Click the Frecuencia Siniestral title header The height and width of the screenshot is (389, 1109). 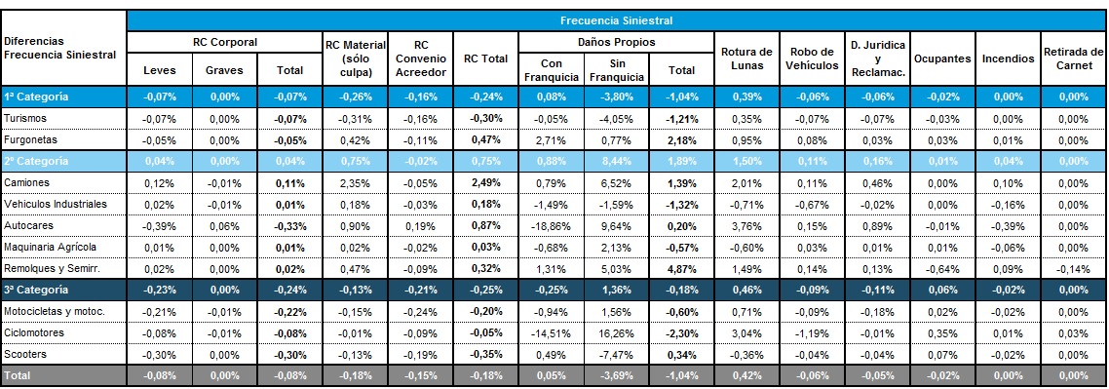(x=615, y=20)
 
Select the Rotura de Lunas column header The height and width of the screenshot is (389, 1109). (x=746, y=58)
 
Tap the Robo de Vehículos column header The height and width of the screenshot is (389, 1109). (x=812, y=58)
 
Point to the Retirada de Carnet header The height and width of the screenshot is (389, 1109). (x=1073, y=58)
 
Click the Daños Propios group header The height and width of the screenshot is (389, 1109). (x=616, y=43)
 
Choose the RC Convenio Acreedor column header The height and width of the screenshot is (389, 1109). (x=421, y=58)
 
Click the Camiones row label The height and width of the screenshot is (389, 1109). (x=26, y=182)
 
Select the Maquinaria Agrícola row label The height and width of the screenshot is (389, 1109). (x=50, y=247)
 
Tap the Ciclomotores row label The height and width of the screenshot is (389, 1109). (x=34, y=332)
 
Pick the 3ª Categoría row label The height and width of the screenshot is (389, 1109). (x=36, y=290)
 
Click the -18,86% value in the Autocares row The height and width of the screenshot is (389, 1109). (x=551, y=225)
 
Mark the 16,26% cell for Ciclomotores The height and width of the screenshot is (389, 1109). (x=616, y=332)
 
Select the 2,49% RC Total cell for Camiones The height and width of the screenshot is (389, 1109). (x=485, y=182)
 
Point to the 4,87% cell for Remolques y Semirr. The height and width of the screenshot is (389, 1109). (x=681, y=268)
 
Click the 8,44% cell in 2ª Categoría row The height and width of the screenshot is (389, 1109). (x=616, y=161)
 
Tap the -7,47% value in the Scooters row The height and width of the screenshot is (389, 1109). (x=616, y=354)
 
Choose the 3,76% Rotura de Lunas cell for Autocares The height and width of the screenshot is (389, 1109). (x=746, y=225)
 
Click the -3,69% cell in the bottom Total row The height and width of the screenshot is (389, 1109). (x=616, y=375)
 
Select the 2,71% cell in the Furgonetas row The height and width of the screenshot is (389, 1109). (x=551, y=140)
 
